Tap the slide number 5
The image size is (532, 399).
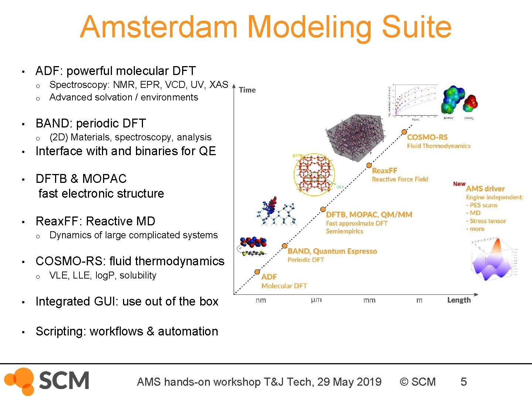coord(463,382)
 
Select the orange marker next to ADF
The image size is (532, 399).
coord(257,272)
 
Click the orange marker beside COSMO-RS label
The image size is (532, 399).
coord(404,132)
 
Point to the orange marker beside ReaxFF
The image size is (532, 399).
coord(369,165)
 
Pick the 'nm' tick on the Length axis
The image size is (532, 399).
coord(260,300)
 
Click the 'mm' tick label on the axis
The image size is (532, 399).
coord(369,300)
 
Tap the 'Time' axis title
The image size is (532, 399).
coord(247,90)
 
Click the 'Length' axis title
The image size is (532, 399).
coord(459,300)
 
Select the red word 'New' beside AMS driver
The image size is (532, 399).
coord(459,184)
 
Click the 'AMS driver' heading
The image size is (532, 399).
coord(485,188)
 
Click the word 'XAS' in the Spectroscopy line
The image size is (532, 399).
coord(219,85)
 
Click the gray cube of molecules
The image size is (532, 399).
coord(355,137)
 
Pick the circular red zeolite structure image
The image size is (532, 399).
coord(314,173)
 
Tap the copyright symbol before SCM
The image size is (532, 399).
coord(404,382)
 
